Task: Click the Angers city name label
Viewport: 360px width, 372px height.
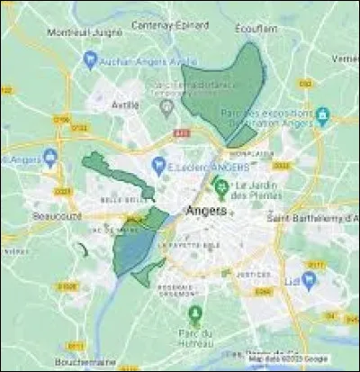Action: [x=204, y=211]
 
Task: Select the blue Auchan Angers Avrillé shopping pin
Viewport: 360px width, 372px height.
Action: [x=88, y=60]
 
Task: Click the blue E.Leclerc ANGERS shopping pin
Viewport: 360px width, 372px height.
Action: [x=159, y=166]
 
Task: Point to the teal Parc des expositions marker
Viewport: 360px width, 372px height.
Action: [x=322, y=115]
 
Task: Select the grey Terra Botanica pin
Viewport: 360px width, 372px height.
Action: [x=166, y=107]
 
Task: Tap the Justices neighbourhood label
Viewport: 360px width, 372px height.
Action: [x=258, y=276]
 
